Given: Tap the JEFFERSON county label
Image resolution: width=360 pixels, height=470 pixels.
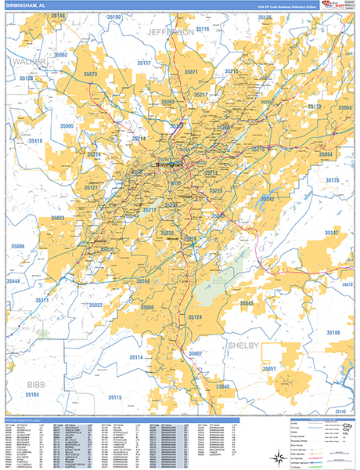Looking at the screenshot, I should coord(170,32).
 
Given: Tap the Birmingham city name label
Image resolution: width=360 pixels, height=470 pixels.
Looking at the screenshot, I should coord(169,165).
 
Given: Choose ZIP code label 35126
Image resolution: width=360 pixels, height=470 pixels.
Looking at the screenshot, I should coord(274,17).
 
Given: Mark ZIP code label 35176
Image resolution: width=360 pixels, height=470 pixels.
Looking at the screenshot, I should coord(331,181).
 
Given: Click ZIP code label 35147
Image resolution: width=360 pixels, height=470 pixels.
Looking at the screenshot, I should coord(331,233).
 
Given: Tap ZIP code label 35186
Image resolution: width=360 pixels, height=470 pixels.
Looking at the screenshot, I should coord(332,333).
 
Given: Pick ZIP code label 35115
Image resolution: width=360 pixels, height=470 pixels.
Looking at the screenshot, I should coord(116,398).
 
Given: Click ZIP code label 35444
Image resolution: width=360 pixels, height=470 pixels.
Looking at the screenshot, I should coord(13,280).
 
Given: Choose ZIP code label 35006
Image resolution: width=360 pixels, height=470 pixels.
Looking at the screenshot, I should coord(16,247).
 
